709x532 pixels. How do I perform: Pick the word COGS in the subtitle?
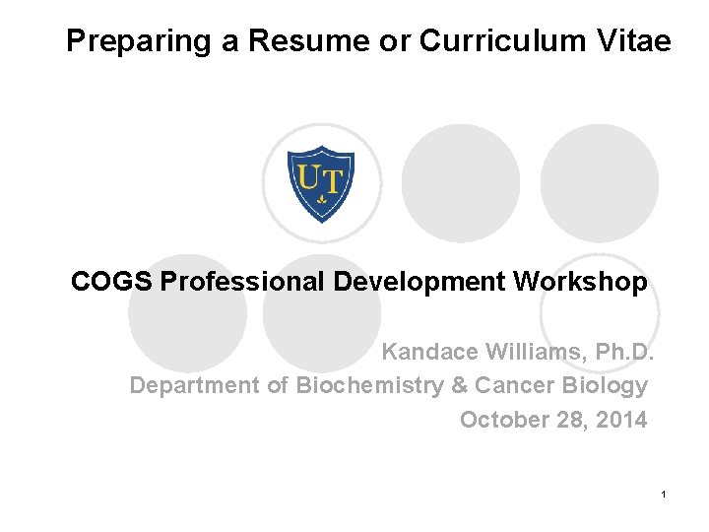[111, 283]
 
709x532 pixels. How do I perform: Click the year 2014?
[621, 420]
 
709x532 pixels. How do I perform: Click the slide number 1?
[666, 493]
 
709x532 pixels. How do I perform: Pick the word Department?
[194, 385]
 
